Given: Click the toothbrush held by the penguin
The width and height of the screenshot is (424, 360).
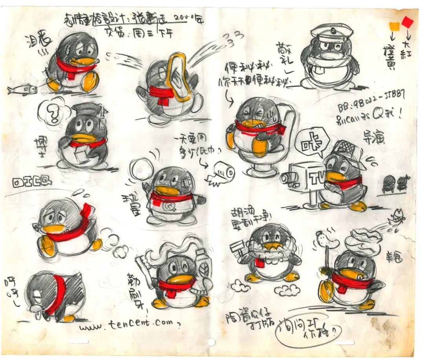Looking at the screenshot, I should (145, 269).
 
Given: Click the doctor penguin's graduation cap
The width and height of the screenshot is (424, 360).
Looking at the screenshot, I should (86, 110).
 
